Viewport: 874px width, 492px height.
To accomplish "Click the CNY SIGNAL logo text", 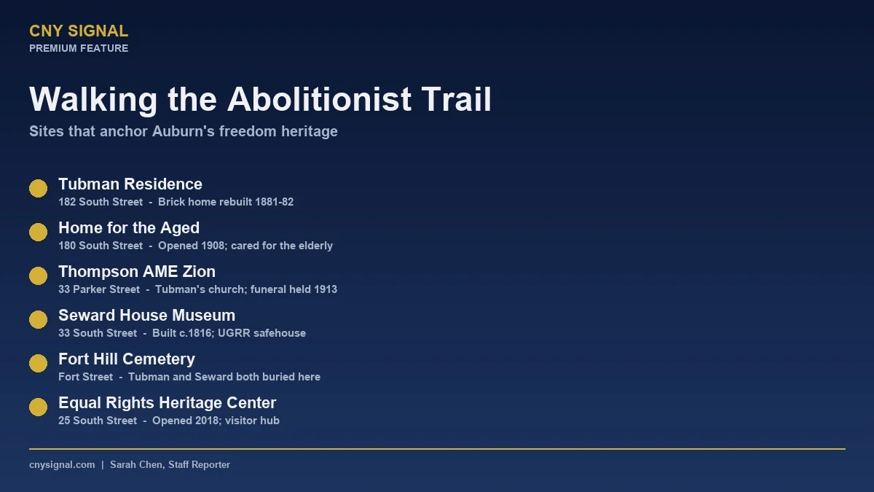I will [x=79, y=31].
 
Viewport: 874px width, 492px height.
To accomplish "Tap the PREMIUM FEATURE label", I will [x=79, y=48].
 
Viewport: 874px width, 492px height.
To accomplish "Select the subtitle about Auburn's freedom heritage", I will [x=184, y=132].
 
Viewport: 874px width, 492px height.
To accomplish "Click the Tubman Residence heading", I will [x=130, y=184].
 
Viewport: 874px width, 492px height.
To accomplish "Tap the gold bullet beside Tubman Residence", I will [x=38, y=189].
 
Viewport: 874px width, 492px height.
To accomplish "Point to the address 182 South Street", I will [x=101, y=202].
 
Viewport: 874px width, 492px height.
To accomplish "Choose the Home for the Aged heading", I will [x=129, y=228].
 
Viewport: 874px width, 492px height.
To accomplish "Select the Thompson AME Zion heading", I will [x=137, y=272].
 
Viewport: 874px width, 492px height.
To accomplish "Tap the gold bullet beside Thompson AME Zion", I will [x=38, y=276].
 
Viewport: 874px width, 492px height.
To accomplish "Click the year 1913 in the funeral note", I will [x=326, y=289].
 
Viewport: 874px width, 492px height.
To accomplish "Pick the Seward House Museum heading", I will [x=146, y=316].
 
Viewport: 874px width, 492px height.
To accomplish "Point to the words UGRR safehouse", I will [x=270, y=333].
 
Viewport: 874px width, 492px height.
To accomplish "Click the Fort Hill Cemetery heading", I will [x=127, y=359].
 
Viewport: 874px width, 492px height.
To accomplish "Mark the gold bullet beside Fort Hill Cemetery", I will [x=38, y=364].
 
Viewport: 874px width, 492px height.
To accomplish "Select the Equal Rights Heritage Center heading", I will [x=168, y=403].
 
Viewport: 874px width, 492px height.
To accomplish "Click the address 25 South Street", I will [x=98, y=421].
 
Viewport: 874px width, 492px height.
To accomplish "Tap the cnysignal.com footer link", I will [x=62, y=465].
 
